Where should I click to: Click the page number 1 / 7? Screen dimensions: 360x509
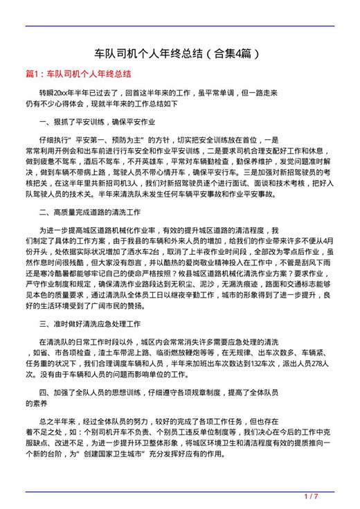point(310,496)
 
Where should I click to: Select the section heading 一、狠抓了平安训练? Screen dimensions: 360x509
point(98,121)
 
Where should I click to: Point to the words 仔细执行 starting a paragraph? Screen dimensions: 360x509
point(52,139)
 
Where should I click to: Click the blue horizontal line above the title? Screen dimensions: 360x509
point(179,26)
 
